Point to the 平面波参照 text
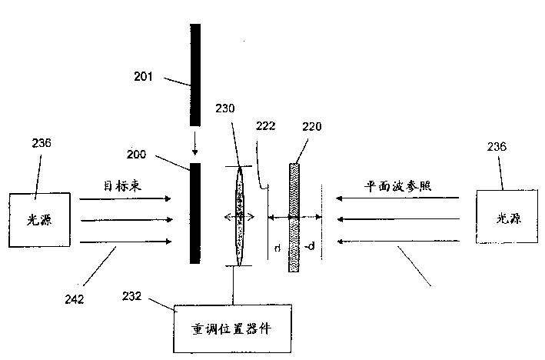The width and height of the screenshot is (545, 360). click(x=394, y=185)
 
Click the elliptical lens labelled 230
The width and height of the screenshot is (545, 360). click(x=239, y=217)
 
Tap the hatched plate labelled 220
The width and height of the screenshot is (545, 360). click(x=294, y=217)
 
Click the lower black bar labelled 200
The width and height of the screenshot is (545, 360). click(x=195, y=212)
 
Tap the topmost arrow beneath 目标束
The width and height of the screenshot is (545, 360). click(x=125, y=198)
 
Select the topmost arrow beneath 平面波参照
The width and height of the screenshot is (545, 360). click(x=400, y=198)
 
